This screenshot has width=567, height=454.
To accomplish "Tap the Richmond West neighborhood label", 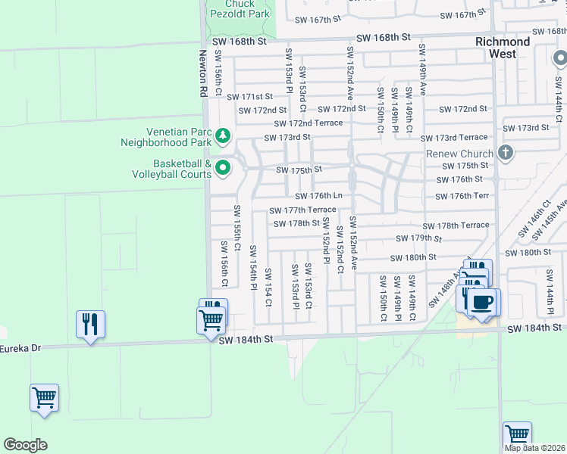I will (503, 48).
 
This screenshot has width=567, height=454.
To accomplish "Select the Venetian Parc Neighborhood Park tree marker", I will (222, 136).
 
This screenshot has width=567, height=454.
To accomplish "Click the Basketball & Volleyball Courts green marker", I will (222, 168).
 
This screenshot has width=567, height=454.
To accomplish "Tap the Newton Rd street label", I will (202, 73).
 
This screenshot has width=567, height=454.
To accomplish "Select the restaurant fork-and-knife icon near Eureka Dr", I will (90, 324).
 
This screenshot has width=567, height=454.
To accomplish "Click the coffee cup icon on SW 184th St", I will (483, 303).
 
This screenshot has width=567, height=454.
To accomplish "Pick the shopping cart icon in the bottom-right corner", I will (517, 435).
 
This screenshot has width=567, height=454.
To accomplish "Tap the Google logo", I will (25, 445).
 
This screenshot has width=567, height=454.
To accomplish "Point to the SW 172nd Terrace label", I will (309, 123).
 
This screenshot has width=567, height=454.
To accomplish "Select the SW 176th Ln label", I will (318, 196).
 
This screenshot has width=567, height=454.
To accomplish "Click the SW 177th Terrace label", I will (303, 210).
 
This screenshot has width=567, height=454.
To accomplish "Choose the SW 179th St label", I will (418, 238).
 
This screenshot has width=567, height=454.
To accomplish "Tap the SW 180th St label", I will (413, 257).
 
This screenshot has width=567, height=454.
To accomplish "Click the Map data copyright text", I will (534, 448).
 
